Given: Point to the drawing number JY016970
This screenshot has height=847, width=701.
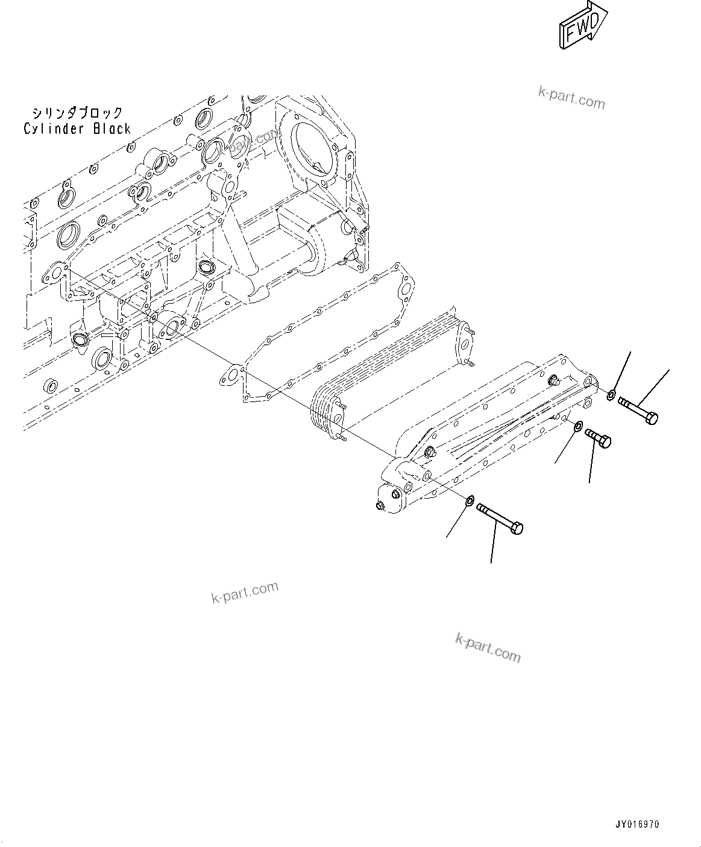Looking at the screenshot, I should click(x=637, y=824).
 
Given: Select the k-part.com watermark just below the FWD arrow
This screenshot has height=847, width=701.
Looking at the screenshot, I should click(x=571, y=97).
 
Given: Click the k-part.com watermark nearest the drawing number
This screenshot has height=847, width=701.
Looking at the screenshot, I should click(x=488, y=647).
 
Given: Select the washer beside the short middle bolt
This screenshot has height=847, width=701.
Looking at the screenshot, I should click(x=577, y=426).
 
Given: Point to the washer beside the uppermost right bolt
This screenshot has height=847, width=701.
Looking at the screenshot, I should click(x=611, y=395).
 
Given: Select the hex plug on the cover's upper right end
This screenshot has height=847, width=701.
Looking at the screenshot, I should click(x=553, y=380).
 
